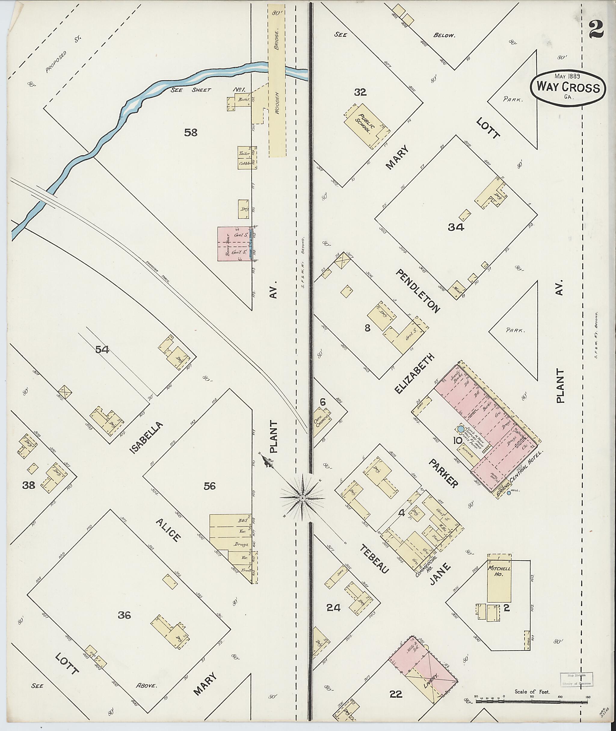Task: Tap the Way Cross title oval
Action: pyautogui.click(x=568, y=88)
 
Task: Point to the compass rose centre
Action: pyautogui.click(x=302, y=497)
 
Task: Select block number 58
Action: pyautogui.click(x=191, y=133)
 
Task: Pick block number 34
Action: pyautogui.click(x=456, y=228)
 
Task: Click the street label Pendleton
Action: pyautogui.click(x=418, y=290)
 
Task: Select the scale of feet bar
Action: pyautogui.click(x=532, y=700)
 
